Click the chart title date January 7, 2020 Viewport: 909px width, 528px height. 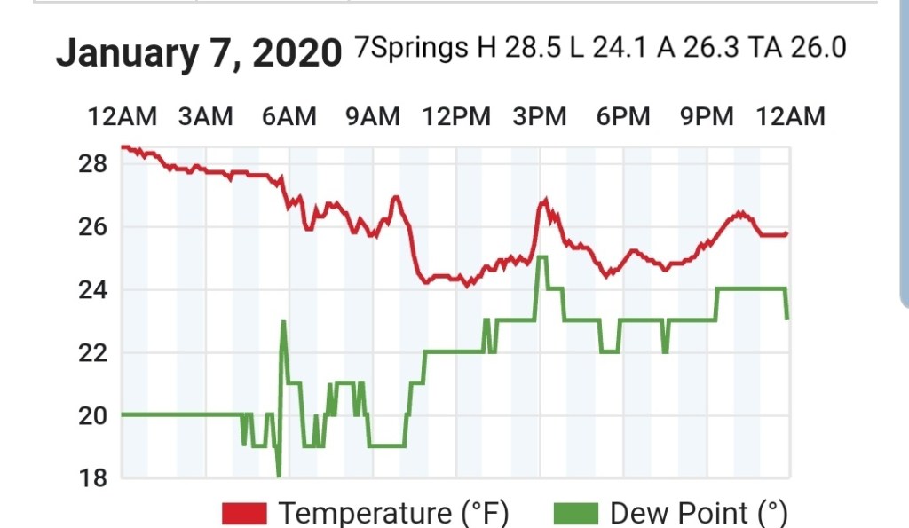(199, 53)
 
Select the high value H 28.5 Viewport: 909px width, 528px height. (518, 47)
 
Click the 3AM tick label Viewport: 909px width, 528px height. (205, 116)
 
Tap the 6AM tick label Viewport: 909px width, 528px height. (289, 116)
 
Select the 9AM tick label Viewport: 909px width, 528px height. (373, 116)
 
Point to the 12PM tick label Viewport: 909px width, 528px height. (456, 116)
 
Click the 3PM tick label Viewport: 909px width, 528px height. (540, 116)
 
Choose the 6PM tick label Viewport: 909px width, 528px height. (623, 116)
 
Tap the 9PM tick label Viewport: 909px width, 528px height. (707, 116)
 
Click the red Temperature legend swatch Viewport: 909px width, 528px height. (244, 513)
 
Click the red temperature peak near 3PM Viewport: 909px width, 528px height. (544, 201)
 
